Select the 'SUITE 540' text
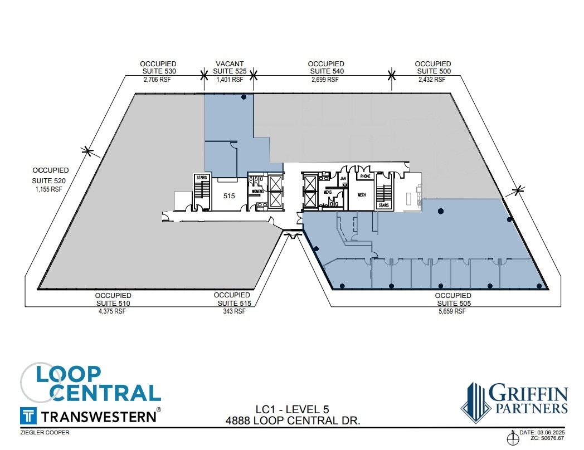326,71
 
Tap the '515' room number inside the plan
229,196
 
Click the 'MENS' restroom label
327,192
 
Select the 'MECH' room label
361,195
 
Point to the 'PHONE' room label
365,177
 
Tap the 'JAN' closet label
343,179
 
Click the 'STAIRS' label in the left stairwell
201,177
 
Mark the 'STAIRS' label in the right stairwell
383,206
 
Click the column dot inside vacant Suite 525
244,97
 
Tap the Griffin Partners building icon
475,402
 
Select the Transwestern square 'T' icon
28,415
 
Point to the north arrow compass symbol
512,439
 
